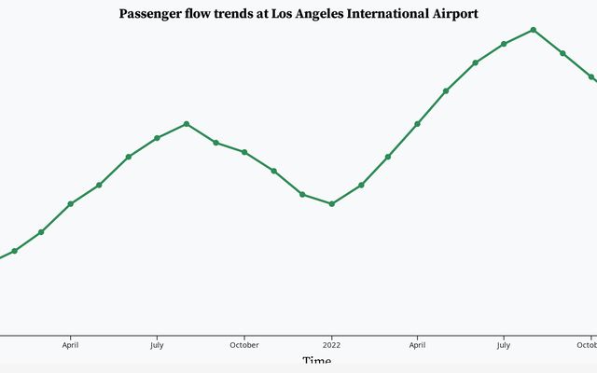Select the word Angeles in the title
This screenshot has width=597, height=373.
tap(316, 14)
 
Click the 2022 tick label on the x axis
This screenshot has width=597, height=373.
tap(332, 344)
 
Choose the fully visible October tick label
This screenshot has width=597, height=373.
tap(244, 344)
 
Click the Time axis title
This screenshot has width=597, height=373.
tap(316, 362)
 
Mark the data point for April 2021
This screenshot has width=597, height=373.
tap(71, 204)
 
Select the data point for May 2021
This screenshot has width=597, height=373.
tap(99, 185)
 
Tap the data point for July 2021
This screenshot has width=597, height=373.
tap(157, 138)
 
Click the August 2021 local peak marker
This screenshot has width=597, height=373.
tap(187, 124)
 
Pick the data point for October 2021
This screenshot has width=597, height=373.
tap(244, 152)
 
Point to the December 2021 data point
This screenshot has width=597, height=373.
tap(302, 194)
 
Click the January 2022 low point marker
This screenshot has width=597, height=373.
tap(332, 203)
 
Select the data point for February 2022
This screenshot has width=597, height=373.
tap(361, 185)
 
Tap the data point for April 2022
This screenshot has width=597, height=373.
tap(417, 124)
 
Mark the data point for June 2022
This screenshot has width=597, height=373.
tap(475, 62)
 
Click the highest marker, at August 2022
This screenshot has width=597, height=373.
tap(534, 30)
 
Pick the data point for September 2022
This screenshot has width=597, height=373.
tap(562, 53)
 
